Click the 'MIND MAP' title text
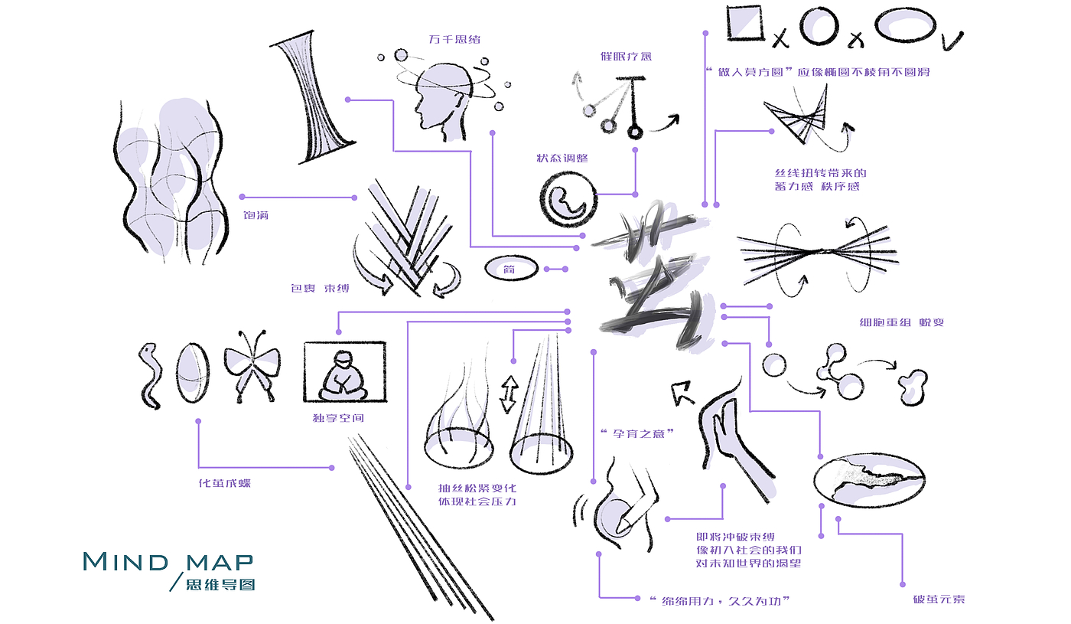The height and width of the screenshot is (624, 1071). (x=168, y=561)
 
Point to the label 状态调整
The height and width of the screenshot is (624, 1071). (x=562, y=158)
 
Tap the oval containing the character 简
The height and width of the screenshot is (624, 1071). (x=511, y=268)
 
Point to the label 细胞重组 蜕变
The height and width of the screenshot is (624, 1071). (x=901, y=322)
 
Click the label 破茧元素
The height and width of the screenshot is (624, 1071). (x=938, y=599)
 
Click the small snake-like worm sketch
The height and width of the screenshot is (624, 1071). (x=148, y=374)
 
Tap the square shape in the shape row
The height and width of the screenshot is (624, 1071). (x=744, y=23)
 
